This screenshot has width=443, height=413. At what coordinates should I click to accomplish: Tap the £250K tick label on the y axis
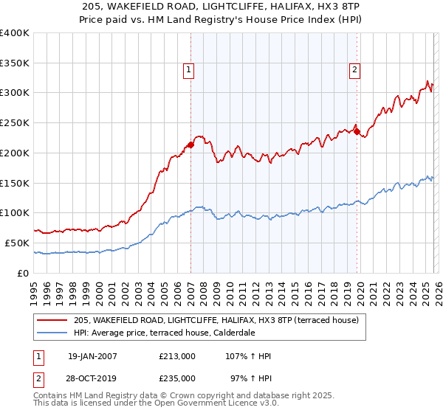[x=14, y=122]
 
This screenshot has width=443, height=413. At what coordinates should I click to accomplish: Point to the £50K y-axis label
[x=16, y=243]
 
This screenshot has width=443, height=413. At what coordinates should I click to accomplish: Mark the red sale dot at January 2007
[x=190, y=145]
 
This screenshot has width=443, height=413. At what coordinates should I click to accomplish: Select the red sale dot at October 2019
[x=357, y=132]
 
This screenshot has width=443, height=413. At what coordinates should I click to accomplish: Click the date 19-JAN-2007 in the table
[x=92, y=356]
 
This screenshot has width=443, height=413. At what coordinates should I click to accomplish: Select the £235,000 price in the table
[x=176, y=378]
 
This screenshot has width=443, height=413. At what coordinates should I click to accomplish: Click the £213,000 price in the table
[x=176, y=356]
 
